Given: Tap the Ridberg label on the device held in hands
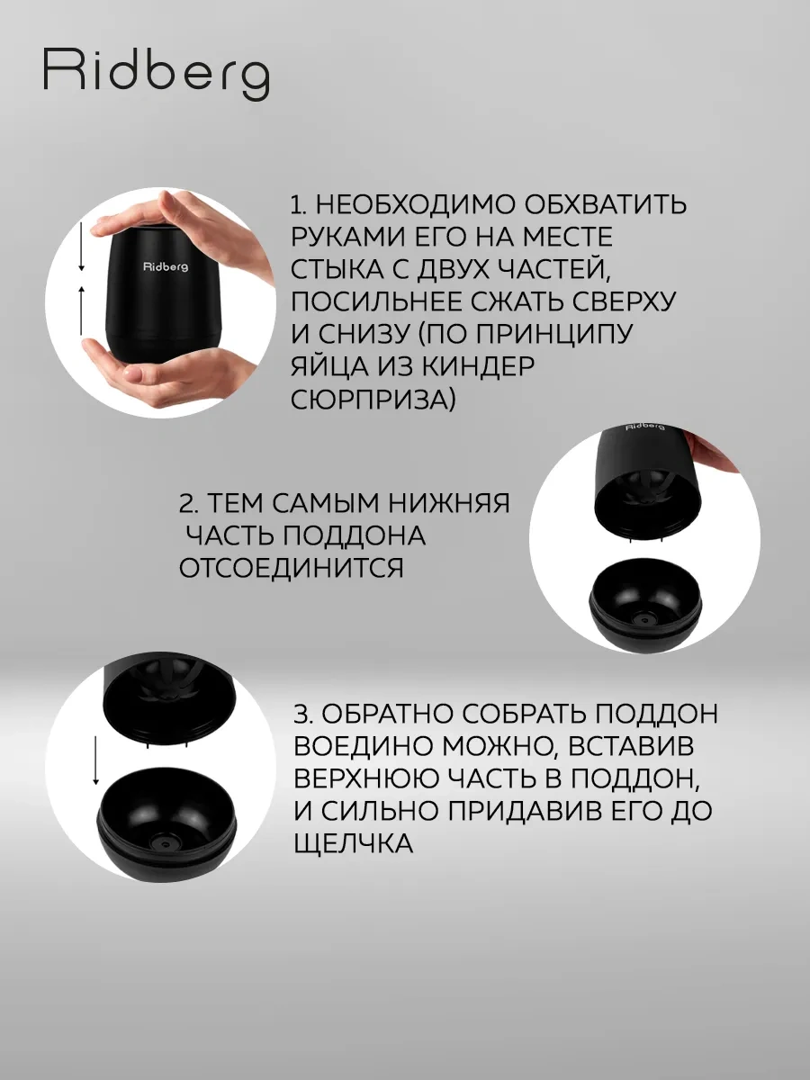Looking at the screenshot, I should [x=165, y=266].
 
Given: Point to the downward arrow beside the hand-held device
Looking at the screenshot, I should [x=81, y=248].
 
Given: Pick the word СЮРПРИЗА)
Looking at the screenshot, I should [x=373, y=399].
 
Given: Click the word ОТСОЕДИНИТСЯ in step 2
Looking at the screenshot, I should [x=292, y=569].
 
